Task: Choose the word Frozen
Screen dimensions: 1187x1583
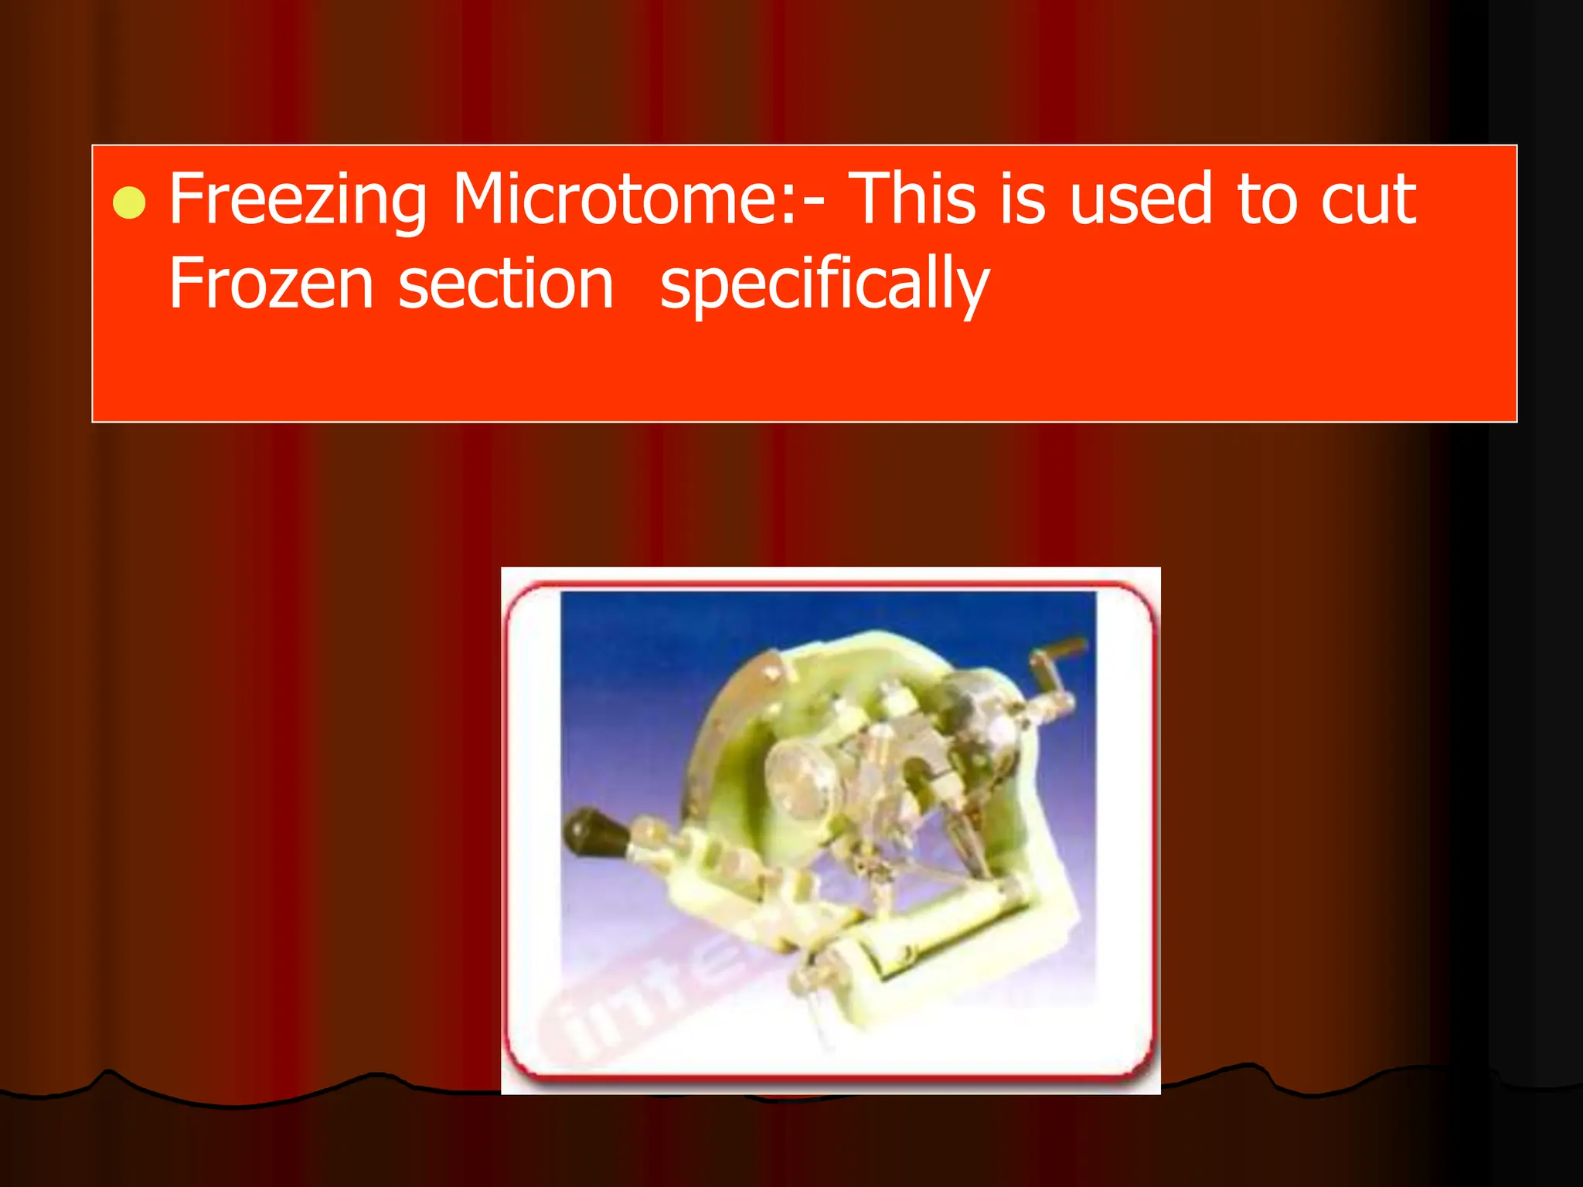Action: pyautogui.click(x=271, y=284)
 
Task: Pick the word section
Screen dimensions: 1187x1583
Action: pyautogui.click(x=506, y=284)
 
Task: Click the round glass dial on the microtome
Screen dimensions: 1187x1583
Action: pyautogui.click(x=804, y=777)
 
